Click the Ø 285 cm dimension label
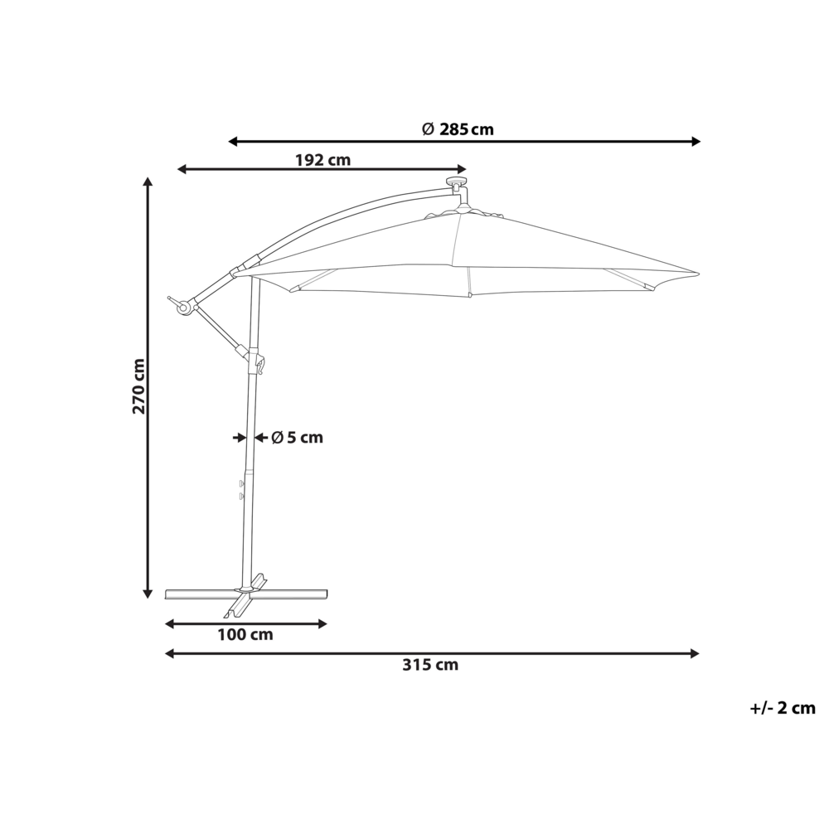tap(457, 128)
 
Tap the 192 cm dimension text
tap(322, 160)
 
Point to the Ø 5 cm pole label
tap(297, 437)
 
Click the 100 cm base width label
tap(246, 635)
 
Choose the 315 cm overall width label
tap(430, 664)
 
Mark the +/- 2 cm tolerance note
tap(782, 708)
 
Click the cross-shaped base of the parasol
tap(246, 592)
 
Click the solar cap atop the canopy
tap(456, 182)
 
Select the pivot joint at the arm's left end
tap(183, 307)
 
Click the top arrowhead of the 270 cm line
tap(148, 182)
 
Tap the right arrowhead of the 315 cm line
tap(695, 653)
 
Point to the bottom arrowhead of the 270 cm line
tap(148, 592)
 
